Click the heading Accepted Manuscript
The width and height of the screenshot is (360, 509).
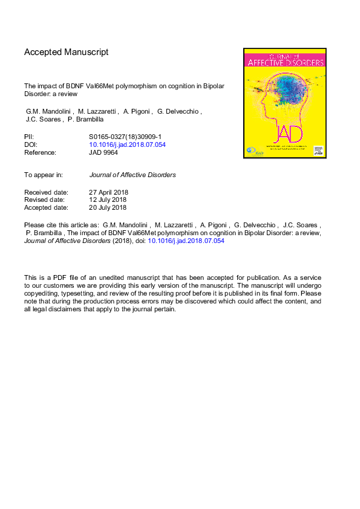point(66,52)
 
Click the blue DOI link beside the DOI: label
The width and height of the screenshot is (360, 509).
point(127,145)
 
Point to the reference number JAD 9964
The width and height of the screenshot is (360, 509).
point(105,153)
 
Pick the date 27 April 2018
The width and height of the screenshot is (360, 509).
point(108,193)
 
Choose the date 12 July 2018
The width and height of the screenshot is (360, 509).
point(107,200)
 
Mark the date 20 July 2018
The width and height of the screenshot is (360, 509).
point(107,207)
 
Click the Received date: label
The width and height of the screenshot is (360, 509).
point(46,193)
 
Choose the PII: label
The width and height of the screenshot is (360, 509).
point(29,137)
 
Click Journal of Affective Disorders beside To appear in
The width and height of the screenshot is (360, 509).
point(133,175)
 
